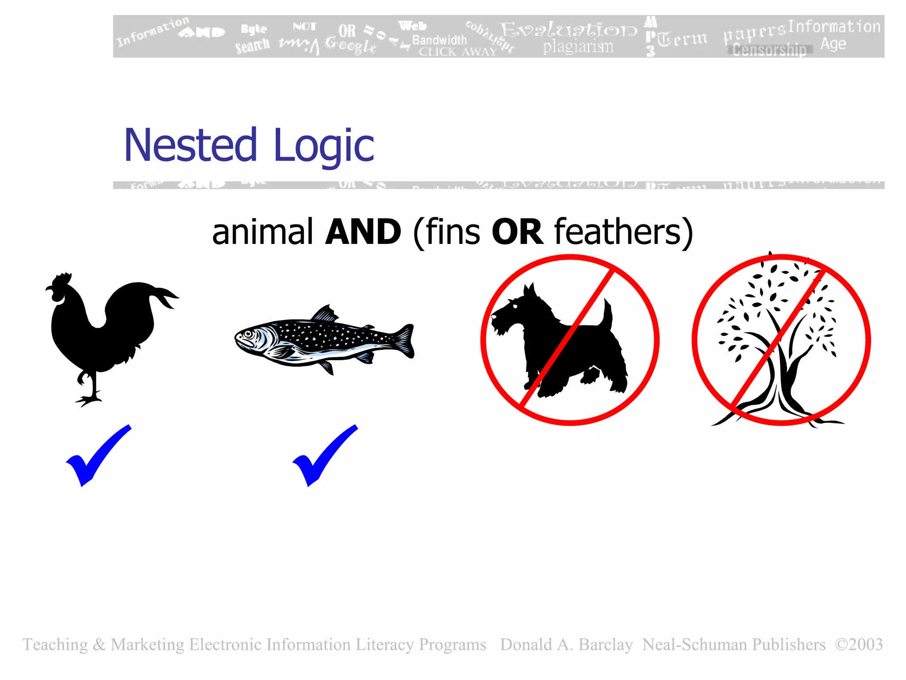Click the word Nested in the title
tap(190, 145)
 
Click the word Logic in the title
tap(324, 146)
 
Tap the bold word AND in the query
tap(363, 232)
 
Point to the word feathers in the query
tap(618, 232)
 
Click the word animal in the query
tap(263, 232)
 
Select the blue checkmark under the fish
tap(324, 456)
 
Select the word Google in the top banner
tap(350, 45)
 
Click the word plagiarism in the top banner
tap(578, 46)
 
